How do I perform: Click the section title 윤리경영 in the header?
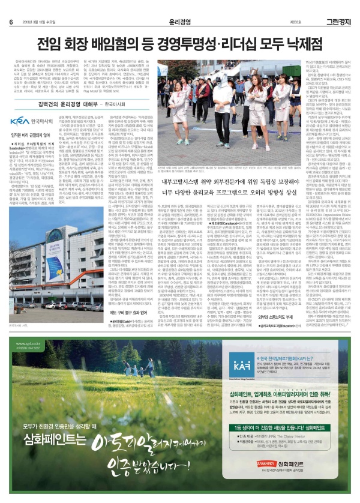coord(180,5)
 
